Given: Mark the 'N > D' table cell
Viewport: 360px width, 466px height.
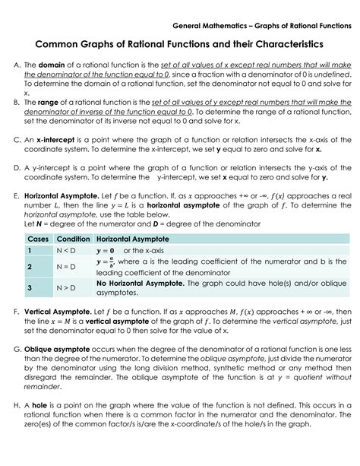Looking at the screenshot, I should point(66,288).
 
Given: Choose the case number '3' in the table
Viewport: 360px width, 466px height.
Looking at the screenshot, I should point(28,288).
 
